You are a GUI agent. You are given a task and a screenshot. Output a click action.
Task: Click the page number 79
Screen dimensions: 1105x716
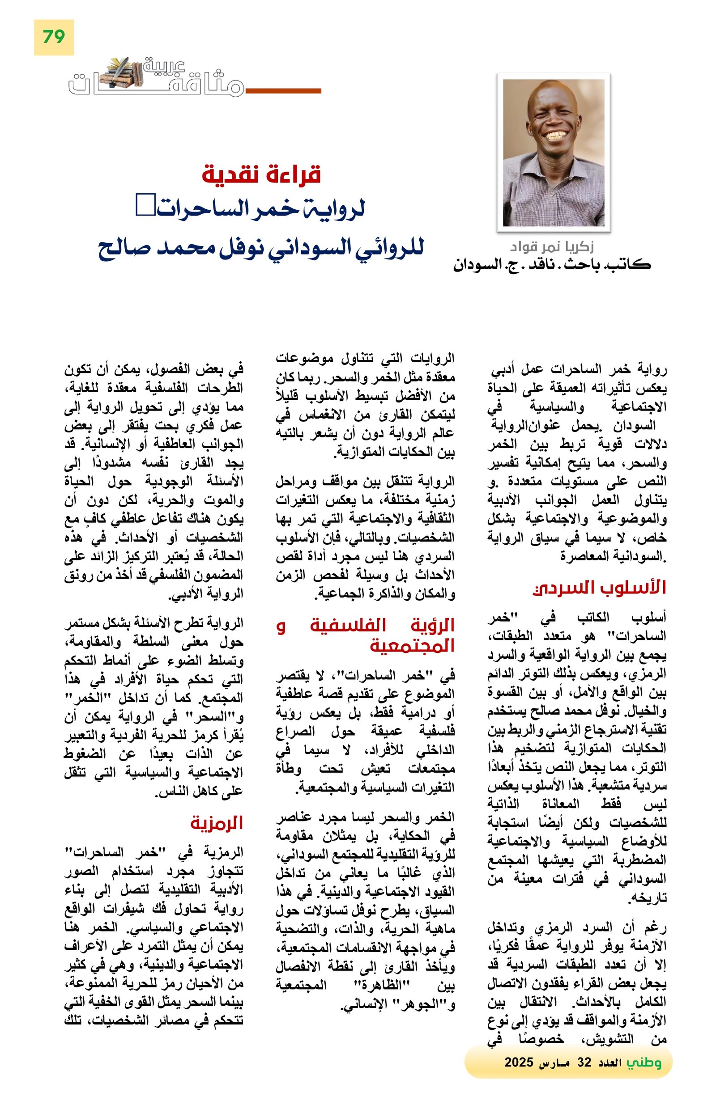click(53, 37)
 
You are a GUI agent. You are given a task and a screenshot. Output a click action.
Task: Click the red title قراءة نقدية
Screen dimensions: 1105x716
click(261, 174)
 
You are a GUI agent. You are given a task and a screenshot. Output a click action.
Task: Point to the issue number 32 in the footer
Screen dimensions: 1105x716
click(584, 1062)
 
